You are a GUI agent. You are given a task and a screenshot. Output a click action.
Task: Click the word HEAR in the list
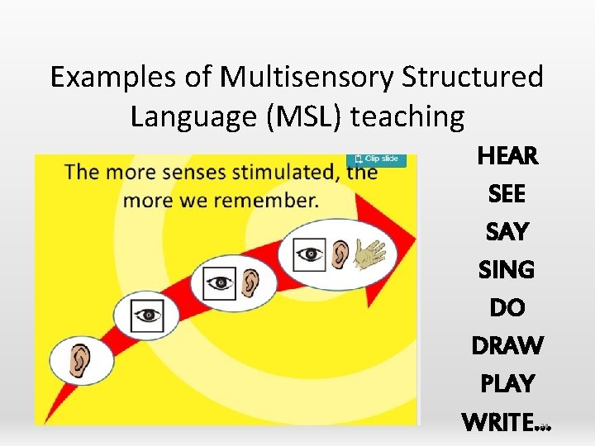click(x=507, y=155)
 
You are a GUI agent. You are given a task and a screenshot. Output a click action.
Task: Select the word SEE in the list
click(x=507, y=193)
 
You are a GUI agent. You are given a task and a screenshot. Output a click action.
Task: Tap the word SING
click(x=507, y=269)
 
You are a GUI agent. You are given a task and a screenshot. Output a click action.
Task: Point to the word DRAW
click(x=507, y=345)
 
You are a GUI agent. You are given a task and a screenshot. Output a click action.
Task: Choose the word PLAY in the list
click(x=507, y=383)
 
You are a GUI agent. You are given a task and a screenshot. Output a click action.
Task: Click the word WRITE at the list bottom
click(x=499, y=422)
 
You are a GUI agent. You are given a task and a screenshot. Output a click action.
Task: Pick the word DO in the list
click(x=507, y=307)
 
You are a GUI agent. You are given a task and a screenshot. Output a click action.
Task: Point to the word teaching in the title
click(x=408, y=117)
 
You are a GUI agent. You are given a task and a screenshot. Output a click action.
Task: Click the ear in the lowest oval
click(x=81, y=362)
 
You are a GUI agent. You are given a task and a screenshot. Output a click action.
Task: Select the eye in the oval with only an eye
click(x=147, y=315)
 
